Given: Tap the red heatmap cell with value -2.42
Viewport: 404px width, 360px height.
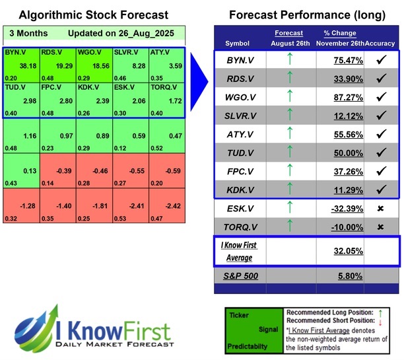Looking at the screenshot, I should click(x=167, y=206).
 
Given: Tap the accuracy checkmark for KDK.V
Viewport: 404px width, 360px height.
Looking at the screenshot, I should click(x=382, y=190).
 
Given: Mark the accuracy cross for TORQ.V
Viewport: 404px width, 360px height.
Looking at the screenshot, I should click(x=382, y=227).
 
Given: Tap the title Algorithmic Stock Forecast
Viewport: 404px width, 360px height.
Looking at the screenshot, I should click(x=93, y=15).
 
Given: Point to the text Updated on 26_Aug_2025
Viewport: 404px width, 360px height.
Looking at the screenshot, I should click(x=119, y=33).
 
